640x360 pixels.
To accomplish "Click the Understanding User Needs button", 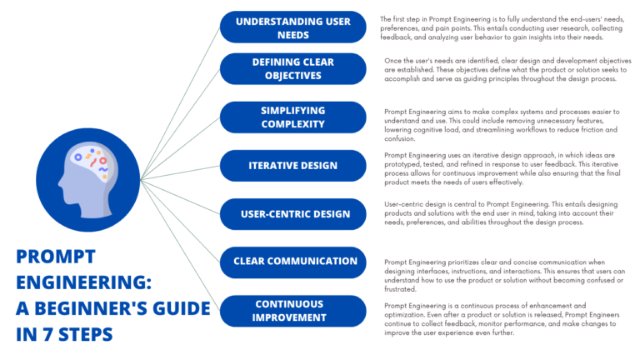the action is coord(293,27).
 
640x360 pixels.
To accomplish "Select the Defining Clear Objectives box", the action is coord(293,69).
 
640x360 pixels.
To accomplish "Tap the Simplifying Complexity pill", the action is coord(293,117).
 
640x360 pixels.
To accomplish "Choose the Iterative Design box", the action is coord(293,166).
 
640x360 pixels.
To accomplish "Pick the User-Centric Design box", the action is coord(293,214).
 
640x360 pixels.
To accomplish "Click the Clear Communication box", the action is coord(293,262).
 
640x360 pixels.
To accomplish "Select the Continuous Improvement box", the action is coord(293,311).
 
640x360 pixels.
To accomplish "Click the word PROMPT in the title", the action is coord(56,257).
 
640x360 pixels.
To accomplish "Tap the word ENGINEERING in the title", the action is coord(81,282).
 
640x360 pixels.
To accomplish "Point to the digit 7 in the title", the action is coord(48,335).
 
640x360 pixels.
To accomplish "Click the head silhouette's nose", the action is coord(60,182).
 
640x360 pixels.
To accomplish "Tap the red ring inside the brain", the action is coord(102,161).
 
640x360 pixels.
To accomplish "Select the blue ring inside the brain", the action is coord(78,157).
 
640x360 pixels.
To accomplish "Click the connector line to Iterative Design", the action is coord(180,172).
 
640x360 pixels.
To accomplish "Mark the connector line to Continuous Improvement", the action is coord(180,245).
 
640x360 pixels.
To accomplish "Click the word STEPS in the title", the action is coord(86,335).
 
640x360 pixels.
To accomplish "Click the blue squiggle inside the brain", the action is coord(103,169).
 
